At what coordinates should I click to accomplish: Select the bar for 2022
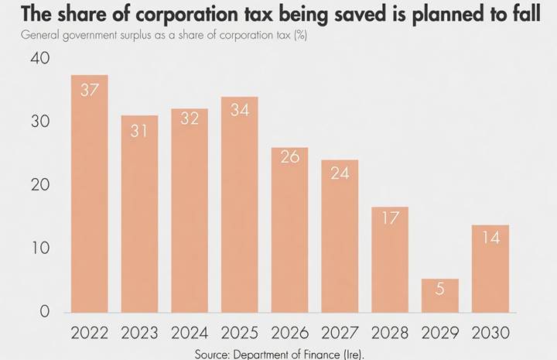(x=89, y=194)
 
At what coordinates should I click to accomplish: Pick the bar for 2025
(x=239, y=204)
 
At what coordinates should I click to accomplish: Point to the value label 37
(x=89, y=90)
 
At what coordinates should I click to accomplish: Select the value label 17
(x=390, y=218)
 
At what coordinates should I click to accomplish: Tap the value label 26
(x=289, y=157)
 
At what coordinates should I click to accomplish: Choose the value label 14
(x=490, y=238)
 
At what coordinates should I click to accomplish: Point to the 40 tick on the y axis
(x=39, y=59)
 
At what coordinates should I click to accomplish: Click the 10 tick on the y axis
(x=39, y=249)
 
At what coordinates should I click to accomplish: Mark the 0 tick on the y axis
(x=45, y=312)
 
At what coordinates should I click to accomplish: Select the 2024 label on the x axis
(x=190, y=334)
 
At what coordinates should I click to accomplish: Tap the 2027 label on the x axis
(x=340, y=334)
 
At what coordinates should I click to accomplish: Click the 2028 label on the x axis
(x=390, y=334)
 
